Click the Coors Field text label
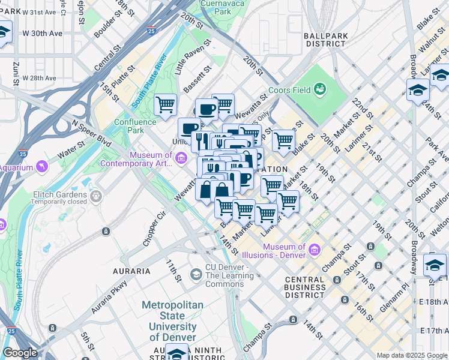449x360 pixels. (294, 90)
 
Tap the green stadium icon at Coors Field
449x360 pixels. (320, 89)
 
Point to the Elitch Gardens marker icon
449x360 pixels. (95, 195)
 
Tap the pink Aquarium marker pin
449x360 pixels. (41, 166)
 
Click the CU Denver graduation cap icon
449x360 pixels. (196, 274)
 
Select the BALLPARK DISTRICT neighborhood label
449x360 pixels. (327, 39)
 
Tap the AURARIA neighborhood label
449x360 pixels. (131, 271)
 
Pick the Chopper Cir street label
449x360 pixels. (154, 228)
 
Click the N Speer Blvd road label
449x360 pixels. (91, 132)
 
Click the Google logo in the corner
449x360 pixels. (19, 353)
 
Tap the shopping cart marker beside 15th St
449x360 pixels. (165, 105)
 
